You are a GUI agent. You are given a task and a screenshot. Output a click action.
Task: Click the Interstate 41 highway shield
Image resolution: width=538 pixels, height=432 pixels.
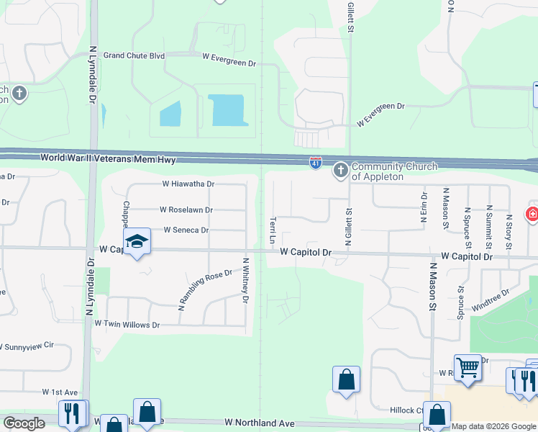click(315, 163)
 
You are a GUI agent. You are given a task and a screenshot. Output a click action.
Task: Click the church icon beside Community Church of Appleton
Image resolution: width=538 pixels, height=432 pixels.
click(340, 171)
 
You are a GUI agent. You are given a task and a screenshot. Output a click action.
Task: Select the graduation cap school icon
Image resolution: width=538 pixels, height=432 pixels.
click(137, 242)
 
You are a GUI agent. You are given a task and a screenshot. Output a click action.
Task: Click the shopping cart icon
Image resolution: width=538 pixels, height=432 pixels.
click(468, 367)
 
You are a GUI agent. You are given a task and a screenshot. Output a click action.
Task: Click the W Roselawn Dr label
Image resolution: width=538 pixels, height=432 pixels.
click(186, 210)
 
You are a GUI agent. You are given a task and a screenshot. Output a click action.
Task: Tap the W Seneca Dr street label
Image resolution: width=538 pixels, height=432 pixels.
click(186, 230)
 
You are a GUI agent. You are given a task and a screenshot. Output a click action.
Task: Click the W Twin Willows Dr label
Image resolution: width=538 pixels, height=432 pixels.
click(127, 325)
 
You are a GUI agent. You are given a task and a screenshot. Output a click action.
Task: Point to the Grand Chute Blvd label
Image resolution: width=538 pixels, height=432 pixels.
click(134, 55)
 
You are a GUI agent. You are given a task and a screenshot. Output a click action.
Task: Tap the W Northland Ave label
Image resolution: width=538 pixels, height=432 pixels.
click(260, 423)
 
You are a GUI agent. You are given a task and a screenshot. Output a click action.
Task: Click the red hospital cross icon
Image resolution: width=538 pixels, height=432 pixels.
click(532, 214)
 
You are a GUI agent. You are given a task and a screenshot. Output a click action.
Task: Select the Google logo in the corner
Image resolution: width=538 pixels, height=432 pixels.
click(24, 423)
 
